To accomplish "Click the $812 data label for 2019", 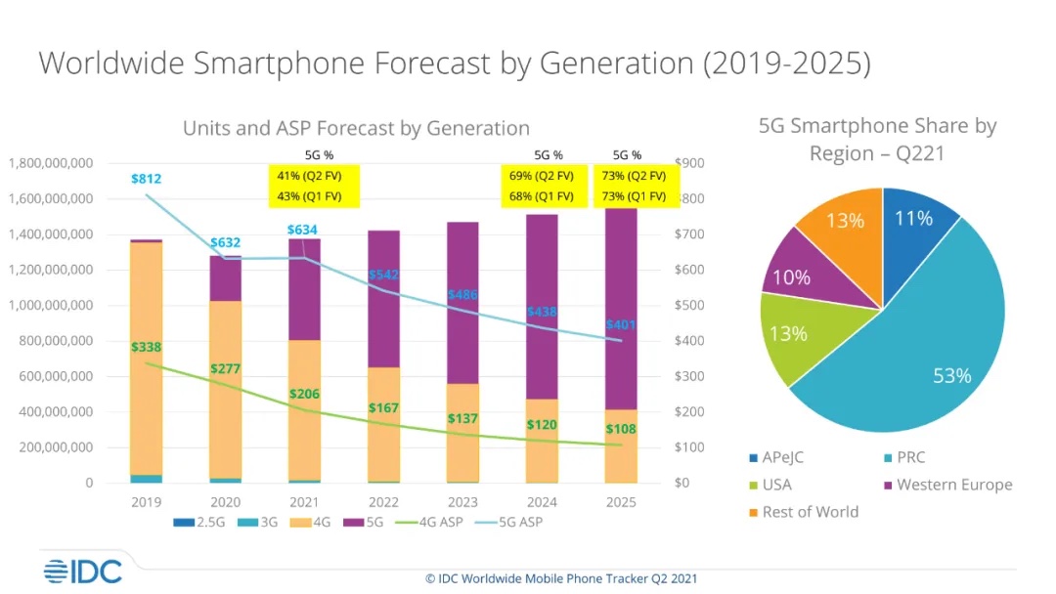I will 147,179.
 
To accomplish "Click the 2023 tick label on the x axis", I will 462,502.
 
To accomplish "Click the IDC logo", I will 82,572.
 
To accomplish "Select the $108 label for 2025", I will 621,430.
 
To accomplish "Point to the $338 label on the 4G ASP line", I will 147,347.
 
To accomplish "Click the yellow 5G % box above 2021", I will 314,186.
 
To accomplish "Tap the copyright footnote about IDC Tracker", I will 561,578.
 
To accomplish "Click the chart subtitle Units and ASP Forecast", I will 356,128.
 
